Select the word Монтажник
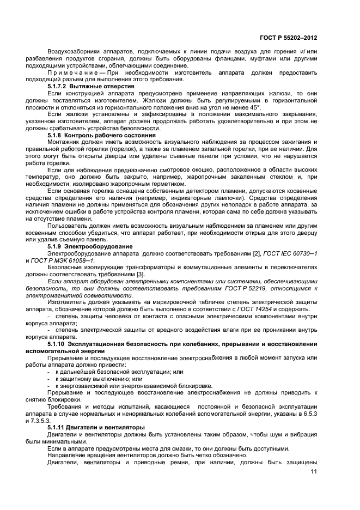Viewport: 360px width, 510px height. pos(63,142)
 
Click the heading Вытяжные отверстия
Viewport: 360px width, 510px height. pos(103,87)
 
